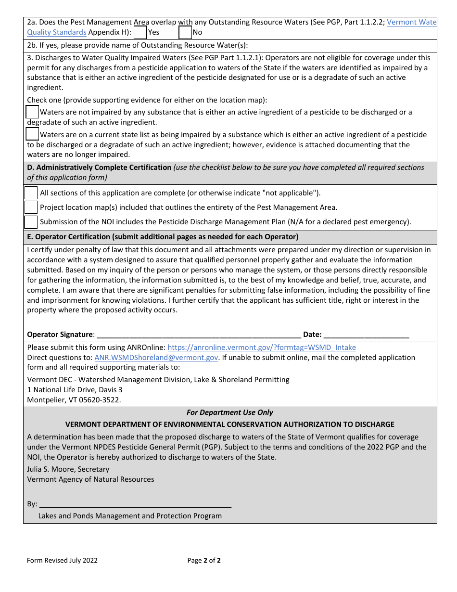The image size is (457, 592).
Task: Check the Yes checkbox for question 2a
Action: coord(140,32)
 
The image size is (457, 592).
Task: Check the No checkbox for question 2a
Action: coord(185,32)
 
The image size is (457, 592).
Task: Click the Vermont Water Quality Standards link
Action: coord(411,22)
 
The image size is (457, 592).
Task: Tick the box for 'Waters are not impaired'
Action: coord(32,112)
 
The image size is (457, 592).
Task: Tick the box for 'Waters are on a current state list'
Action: coord(32,134)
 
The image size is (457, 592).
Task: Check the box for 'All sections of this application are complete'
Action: coord(31,193)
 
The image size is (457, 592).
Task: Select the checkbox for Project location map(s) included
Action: coord(31,207)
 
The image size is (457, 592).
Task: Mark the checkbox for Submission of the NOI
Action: coord(31,222)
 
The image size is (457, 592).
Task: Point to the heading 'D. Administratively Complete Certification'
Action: coord(99,167)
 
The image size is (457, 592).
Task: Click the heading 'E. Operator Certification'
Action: coord(163,237)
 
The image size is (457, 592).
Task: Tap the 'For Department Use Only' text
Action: coord(229,412)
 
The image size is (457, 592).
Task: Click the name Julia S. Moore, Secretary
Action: coord(68,469)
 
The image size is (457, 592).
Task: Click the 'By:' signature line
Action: coord(135,504)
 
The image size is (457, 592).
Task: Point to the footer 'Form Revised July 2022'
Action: coord(62,560)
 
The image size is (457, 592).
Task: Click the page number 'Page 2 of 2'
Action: coord(204,560)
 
